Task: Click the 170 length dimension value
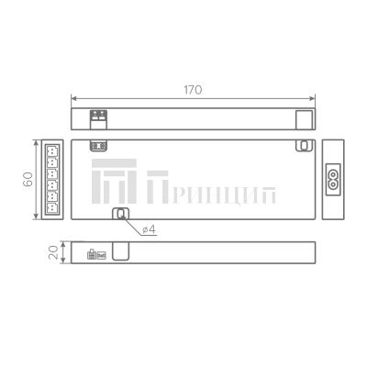point(192,90)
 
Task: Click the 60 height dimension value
point(28,179)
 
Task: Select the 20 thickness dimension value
point(52,251)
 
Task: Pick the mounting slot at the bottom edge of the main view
point(119,215)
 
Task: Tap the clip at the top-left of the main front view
point(97,145)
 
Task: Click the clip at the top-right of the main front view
point(301,145)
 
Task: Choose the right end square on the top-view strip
point(303,117)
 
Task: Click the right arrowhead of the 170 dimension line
point(312,98)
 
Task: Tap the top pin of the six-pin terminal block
point(53,147)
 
